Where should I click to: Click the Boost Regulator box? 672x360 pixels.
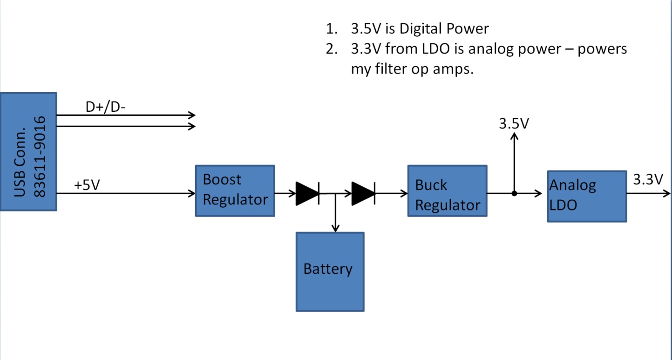[235, 190]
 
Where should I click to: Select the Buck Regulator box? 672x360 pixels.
[447, 190]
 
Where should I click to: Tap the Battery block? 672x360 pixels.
[330, 272]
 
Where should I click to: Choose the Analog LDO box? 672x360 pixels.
[586, 196]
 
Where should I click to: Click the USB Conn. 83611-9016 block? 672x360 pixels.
[28, 151]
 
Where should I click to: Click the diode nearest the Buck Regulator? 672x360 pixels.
[363, 193]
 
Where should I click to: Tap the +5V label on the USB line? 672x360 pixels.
[87, 185]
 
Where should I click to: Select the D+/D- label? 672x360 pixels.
[106, 107]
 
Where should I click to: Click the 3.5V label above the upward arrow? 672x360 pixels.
[514, 124]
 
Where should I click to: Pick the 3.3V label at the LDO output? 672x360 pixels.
[647, 179]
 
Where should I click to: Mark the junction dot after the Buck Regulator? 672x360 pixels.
[514, 193]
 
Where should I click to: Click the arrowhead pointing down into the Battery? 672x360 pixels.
[335, 228]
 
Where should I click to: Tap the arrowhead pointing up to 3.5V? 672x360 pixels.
[514, 136]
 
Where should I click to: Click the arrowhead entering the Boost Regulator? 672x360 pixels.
[191, 193]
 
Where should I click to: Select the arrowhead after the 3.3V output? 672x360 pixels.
[667, 193]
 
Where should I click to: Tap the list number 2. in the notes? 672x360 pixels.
[331, 49]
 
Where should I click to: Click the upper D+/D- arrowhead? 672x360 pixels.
[191, 115]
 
